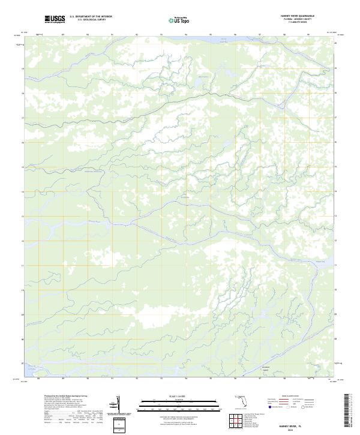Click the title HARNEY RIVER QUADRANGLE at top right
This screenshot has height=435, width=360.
pyautogui.click(x=297, y=16)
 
